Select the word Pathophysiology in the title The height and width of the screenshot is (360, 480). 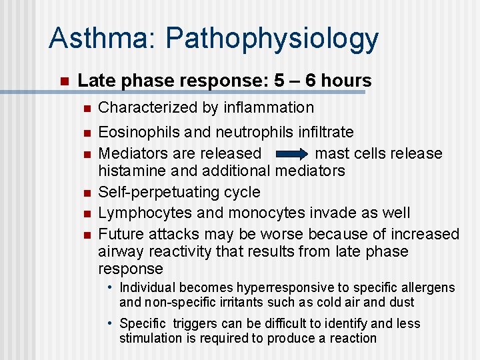point(272,40)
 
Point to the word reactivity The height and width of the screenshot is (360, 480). point(181,251)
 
